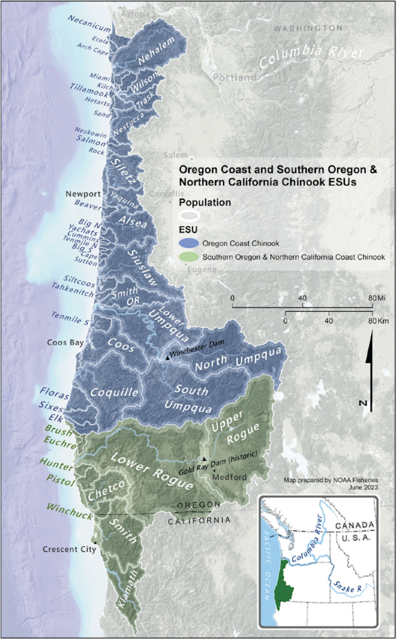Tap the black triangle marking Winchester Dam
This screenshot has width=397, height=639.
[x=167, y=357]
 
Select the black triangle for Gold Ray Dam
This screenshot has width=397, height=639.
[x=204, y=459]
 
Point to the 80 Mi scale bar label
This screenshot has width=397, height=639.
[x=378, y=297]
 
